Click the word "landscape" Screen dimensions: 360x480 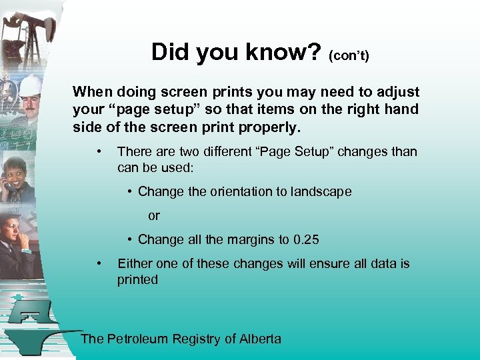point(319,192)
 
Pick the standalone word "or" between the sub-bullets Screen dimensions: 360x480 point(154,216)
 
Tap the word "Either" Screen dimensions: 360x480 point(134,264)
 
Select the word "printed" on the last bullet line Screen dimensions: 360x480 point(138,280)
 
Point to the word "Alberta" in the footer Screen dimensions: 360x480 point(261,339)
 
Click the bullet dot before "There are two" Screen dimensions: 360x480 point(99,151)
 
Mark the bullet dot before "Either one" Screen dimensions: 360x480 point(99,263)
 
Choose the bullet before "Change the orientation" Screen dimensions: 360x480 point(131,192)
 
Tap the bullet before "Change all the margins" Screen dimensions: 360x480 point(131,240)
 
